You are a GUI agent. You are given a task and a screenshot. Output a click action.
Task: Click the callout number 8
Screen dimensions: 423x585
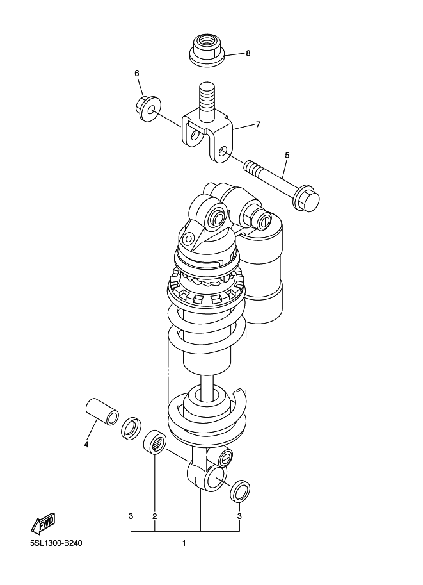(248, 53)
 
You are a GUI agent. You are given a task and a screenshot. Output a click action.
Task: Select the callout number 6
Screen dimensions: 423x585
(137, 74)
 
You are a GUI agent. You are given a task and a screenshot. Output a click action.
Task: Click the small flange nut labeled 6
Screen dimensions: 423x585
(148, 108)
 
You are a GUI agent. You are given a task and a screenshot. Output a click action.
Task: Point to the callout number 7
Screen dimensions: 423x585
(258, 124)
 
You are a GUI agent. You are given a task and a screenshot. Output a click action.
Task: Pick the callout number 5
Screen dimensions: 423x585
(287, 155)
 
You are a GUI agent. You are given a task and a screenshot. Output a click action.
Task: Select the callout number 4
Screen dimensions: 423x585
(86, 445)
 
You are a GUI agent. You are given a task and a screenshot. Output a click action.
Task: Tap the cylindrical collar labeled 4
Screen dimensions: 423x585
(103, 411)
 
